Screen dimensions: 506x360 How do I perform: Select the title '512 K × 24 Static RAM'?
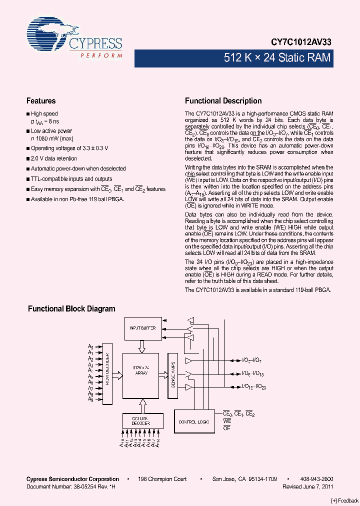click(x=277, y=58)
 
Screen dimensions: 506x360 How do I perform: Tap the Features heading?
click(x=41, y=101)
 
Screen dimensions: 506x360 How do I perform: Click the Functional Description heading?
click(x=223, y=101)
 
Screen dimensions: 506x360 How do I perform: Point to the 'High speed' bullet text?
click(x=44, y=114)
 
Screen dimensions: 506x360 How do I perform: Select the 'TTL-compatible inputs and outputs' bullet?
click(x=71, y=178)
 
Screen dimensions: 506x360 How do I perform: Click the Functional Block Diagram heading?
click(x=71, y=309)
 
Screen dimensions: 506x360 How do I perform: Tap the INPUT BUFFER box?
click(x=142, y=328)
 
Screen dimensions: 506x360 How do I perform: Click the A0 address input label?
click(x=90, y=346)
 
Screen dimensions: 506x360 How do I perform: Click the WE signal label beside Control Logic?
click(x=227, y=421)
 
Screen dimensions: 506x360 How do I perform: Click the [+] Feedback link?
click(x=345, y=500)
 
